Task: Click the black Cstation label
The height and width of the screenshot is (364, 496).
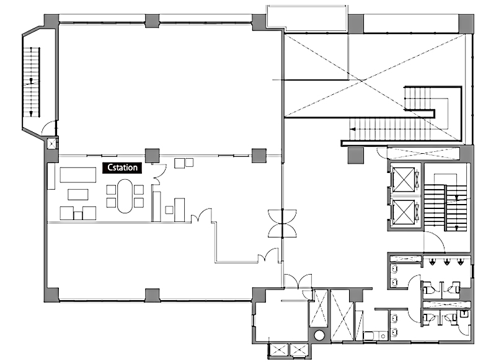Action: pos(122,167)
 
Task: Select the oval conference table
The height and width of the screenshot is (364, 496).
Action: pos(125,196)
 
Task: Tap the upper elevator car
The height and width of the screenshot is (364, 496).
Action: pos(404,179)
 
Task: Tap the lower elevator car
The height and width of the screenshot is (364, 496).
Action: pos(404,212)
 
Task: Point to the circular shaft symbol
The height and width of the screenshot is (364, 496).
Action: pos(319,335)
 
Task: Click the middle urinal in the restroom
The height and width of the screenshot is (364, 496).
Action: pos(446,262)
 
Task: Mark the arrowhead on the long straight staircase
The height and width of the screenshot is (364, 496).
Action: pos(352,129)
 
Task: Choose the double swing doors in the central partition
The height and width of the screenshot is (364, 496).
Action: pos(282,223)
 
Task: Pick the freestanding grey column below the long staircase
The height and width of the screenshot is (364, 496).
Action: pos(355,156)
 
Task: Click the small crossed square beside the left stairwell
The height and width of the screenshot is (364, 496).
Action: pos(51,144)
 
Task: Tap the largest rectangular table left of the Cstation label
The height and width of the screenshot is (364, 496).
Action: pos(78,175)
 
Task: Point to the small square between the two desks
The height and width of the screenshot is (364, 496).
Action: pos(78,216)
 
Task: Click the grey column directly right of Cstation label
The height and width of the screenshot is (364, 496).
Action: pos(152,156)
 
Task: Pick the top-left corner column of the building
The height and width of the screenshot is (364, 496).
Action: pos(51,22)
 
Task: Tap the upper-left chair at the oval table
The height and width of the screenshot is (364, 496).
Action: pos(111,189)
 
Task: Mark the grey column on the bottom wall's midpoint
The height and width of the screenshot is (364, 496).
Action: pos(152,295)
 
